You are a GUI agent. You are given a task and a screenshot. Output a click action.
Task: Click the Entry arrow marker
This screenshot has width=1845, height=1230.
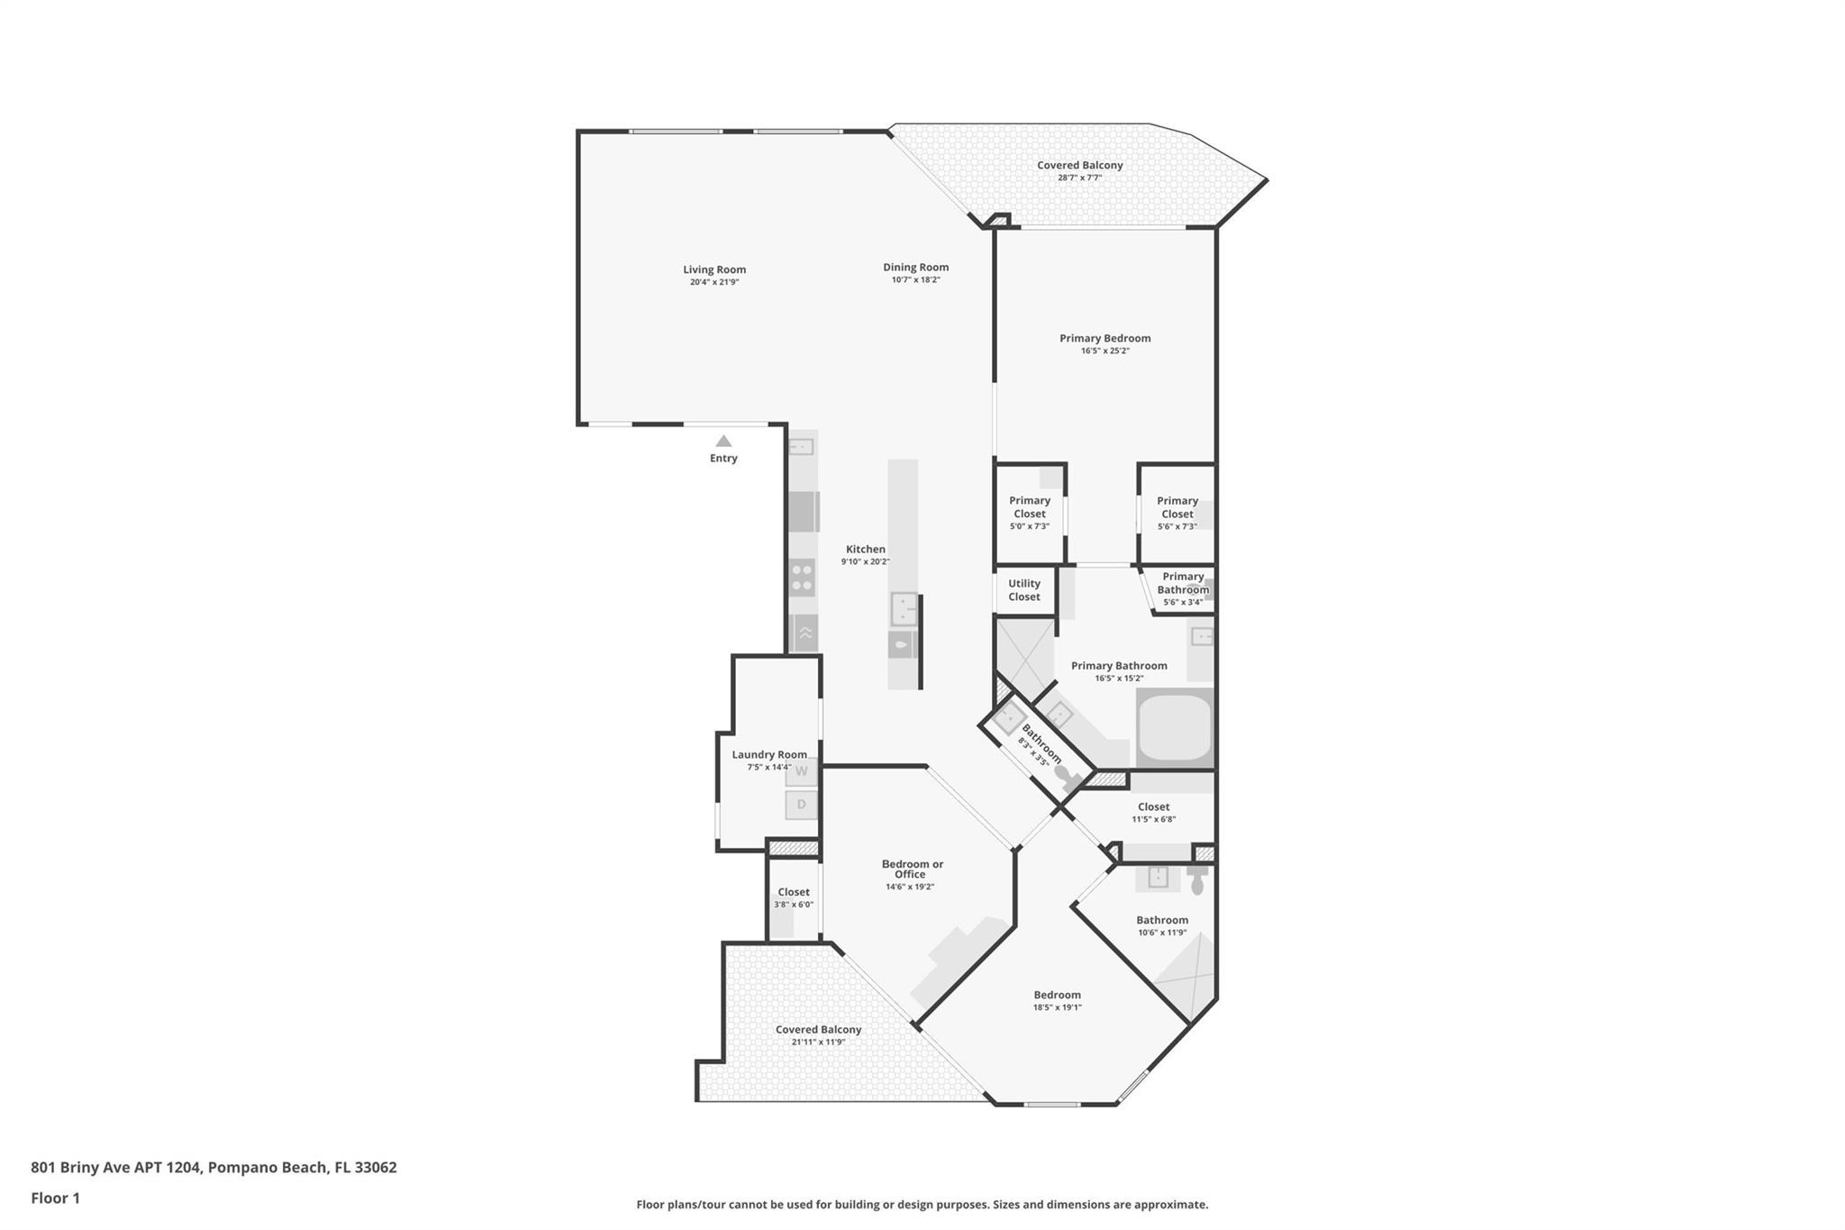(723, 441)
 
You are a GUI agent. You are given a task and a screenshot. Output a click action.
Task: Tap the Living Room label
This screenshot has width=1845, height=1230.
(714, 269)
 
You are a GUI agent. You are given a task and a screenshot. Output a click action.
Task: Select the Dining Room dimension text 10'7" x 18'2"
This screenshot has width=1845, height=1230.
(915, 280)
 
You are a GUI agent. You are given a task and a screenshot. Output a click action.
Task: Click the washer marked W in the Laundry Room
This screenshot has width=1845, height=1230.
(801, 771)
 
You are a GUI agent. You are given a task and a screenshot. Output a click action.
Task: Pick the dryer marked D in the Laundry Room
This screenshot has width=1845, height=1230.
(801, 805)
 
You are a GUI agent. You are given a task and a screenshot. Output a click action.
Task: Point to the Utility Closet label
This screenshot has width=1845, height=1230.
(1024, 590)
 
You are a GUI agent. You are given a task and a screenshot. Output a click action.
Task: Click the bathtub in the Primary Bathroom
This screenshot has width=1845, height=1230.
(1176, 728)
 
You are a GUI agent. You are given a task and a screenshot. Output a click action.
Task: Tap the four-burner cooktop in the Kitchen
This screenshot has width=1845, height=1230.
(802, 578)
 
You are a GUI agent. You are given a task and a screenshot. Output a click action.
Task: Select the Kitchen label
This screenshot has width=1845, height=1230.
(866, 550)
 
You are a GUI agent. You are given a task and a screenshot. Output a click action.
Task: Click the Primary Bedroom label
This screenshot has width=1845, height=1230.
(1105, 339)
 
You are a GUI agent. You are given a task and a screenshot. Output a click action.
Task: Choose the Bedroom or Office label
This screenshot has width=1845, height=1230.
(912, 869)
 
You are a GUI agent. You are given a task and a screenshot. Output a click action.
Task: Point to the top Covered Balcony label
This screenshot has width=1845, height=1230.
(1080, 166)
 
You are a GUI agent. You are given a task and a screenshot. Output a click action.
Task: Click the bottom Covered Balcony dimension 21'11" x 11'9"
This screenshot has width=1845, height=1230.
(818, 1043)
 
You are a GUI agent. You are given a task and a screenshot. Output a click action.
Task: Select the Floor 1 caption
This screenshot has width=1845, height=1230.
(56, 1198)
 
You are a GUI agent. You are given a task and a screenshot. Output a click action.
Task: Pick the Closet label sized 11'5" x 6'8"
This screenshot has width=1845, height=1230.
(1154, 807)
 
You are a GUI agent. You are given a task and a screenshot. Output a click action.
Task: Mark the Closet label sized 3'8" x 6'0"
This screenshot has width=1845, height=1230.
(794, 892)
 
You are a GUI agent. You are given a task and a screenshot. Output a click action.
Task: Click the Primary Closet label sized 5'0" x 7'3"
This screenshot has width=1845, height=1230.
(1030, 507)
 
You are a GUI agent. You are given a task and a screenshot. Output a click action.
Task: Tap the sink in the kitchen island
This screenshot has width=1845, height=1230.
(904, 609)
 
